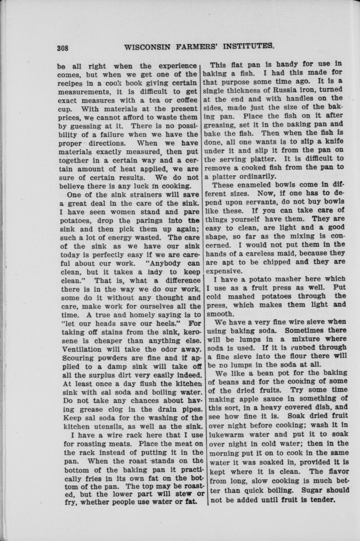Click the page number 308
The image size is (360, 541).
coord(63,49)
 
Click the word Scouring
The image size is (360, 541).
coord(76,358)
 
